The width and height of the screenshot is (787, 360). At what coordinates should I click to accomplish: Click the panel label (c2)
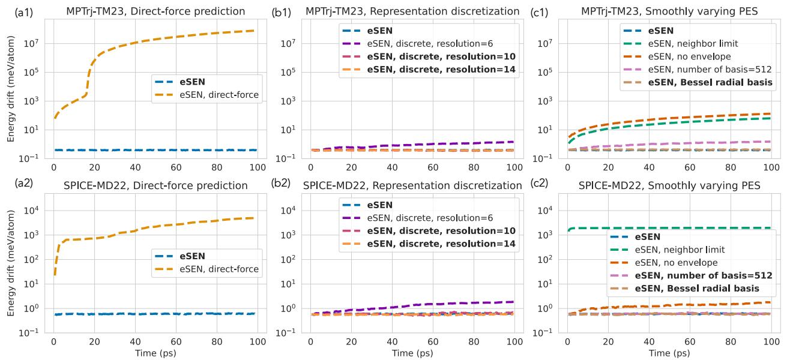click(537, 185)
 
